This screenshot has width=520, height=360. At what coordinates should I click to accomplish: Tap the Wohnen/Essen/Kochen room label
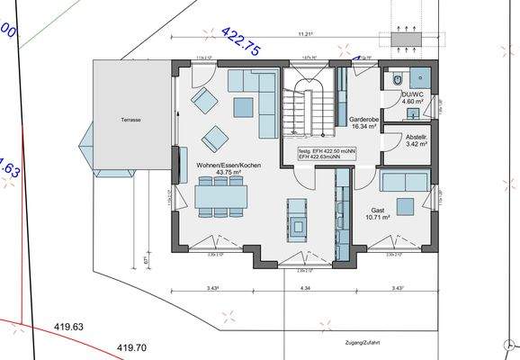[226, 165]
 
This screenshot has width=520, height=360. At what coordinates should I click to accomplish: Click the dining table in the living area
[220, 193]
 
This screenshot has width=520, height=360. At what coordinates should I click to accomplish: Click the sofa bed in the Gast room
[404, 182]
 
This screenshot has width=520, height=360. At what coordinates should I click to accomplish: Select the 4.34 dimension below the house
[305, 288]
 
